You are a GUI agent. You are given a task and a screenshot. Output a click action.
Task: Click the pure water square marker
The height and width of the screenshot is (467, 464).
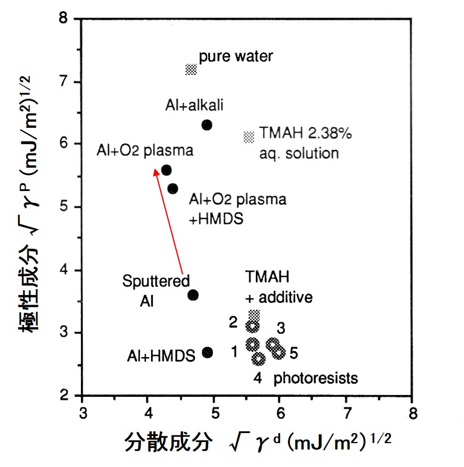point(190,70)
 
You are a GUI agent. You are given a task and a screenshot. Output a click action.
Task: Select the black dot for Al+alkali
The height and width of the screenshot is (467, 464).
point(207,125)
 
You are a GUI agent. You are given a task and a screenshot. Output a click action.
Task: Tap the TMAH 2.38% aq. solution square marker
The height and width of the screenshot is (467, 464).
point(249,137)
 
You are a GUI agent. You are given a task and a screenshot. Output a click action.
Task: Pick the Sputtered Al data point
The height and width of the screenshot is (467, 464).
point(193,295)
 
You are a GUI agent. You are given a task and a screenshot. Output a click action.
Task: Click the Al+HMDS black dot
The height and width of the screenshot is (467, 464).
point(207,352)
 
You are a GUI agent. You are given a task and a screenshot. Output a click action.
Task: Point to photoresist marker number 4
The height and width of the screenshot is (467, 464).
point(259,359)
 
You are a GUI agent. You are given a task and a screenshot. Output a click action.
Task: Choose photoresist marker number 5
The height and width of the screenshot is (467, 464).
point(279,352)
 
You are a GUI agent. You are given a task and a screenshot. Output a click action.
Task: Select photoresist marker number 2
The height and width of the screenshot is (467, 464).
point(253,326)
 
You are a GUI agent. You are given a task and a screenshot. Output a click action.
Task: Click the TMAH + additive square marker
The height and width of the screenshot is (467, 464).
point(254,314)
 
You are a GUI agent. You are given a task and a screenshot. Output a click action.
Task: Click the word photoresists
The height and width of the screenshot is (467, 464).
point(315,378)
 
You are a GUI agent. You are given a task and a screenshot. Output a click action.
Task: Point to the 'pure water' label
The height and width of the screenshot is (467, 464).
point(236,57)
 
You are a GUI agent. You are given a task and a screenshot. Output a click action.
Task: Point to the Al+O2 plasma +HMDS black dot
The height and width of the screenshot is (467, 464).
point(173,189)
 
